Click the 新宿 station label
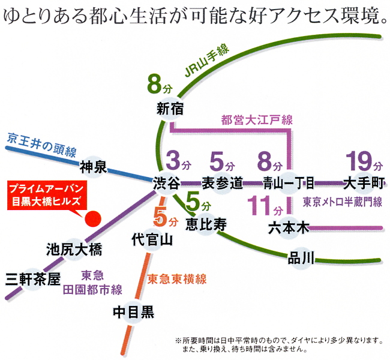pyautogui.click(x=170, y=109)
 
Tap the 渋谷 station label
pyautogui.click(x=167, y=184)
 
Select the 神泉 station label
pyautogui.click(x=93, y=167)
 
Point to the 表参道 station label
pyautogui.click(x=222, y=184)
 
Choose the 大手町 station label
pyautogui.click(x=364, y=184)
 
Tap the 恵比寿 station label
pyautogui.click(x=206, y=225)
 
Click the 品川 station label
pyautogui.click(x=301, y=259)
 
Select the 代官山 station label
pyautogui.click(x=152, y=240)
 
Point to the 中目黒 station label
pyautogui.click(x=134, y=312)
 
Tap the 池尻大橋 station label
pyautogui.click(x=74, y=250)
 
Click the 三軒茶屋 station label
pyautogui.click(x=33, y=280)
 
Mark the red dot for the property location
pyautogui.click(x=93, y=219)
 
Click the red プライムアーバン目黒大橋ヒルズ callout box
pyautogui.click(x=46, y=197)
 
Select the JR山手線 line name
pyautogui.click(x=207, y=61)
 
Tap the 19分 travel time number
pyautogui.click(x=364, y=162)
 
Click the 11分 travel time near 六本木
pyautogui.click(x=265, y=206)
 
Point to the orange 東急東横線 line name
pyautogui.click(x=177, y=280)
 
